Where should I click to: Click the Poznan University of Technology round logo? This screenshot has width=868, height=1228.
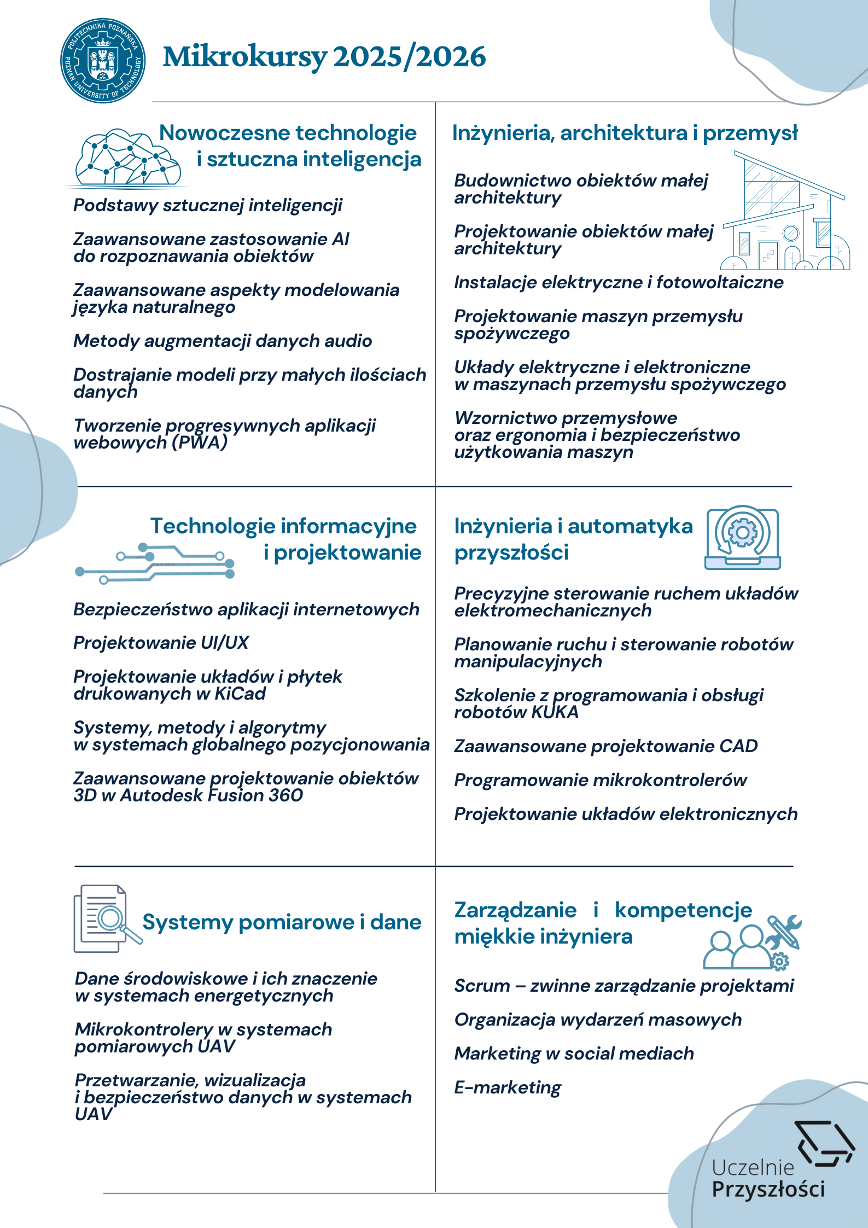pyautogui.click(x=103, y=60)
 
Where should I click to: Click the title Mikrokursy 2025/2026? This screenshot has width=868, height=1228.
pyautogui.click(x=324, y=57)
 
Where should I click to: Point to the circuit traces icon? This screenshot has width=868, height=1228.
pyautogui.click(x=155, y=563)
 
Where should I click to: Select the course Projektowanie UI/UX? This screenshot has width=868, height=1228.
pyautogui.click(x=161, y=643)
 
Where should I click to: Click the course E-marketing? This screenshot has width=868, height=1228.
pyautogui.click(x=507, y=1087)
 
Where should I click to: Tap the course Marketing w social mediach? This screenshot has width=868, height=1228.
pyautogui.click(x=574, y=1054)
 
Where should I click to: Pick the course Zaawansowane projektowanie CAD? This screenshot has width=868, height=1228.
pyautogui.click(x=605, y=746)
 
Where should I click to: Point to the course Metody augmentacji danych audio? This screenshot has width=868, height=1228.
pyautogui.click(x=223, y=341)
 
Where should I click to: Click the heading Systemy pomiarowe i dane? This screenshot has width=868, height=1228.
pyautogui.click(x=282, y=922)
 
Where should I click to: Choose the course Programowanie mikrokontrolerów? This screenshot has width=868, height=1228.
pyautogui.click(x=600, y=780)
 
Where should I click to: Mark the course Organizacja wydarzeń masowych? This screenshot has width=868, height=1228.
pyautogui.click(x=598, y=1020)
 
